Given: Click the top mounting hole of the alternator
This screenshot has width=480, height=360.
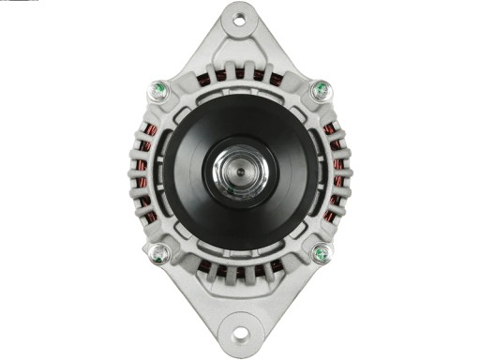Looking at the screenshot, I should [239, 19].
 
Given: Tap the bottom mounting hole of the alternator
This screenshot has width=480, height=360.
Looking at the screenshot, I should [239, 333].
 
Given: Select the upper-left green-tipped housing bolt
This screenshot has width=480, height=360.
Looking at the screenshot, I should [158, 92].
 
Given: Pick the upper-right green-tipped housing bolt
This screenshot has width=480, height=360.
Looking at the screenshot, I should [321, 91].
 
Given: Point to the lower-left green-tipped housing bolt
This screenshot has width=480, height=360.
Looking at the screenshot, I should [159, 253].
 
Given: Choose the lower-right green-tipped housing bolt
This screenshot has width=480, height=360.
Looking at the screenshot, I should [321, 252].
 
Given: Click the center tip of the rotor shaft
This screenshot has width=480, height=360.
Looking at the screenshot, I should [240, 172].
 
